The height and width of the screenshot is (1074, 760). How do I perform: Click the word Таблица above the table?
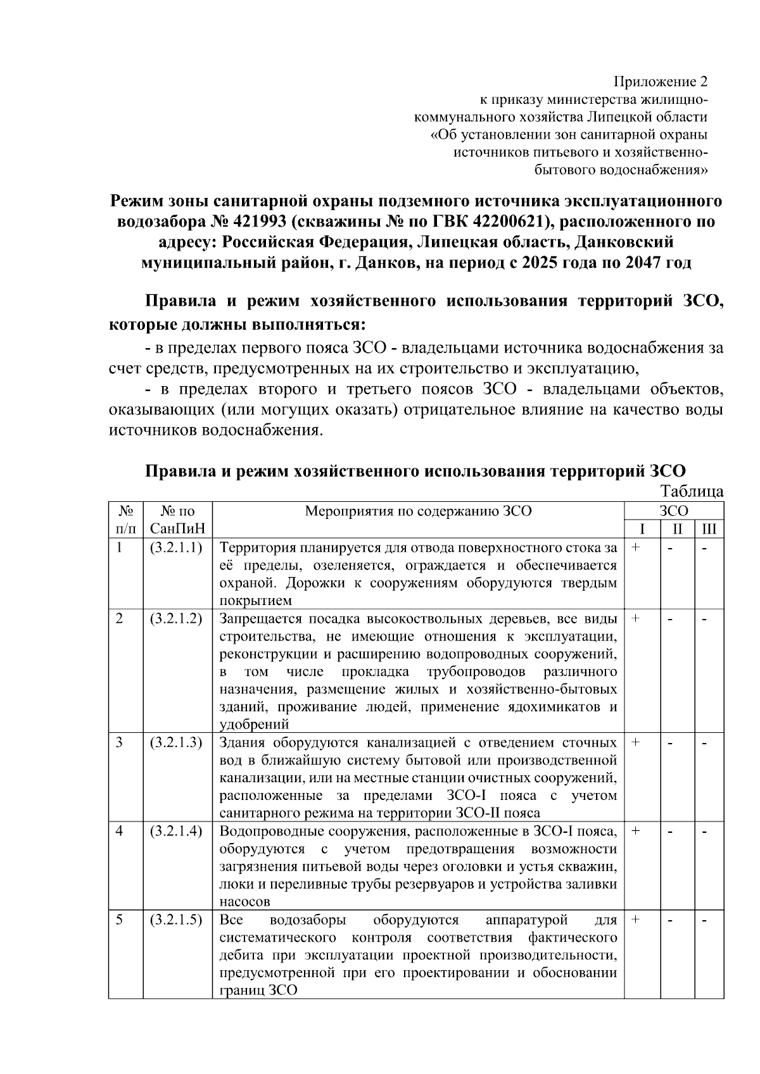pyautogui.click(x=692, y=491)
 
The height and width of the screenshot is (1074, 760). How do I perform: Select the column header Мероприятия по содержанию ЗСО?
pyautogui.click(x=418, y=511)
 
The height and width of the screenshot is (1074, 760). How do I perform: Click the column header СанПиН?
pyautogui.click(x=177, y=528)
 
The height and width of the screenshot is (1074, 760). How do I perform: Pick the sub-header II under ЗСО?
pyautogui.click(x=677, y=528)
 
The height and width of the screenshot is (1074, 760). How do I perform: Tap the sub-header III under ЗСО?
pyautogui.click(x=709, y=528)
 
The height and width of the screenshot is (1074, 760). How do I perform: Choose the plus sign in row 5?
pyautogui.click(x=636, y=920)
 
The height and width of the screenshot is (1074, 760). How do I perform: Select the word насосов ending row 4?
pyautogui.click(x=244, y=901)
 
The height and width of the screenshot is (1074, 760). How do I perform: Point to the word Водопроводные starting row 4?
pyautogui.click(x=264, y=831)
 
